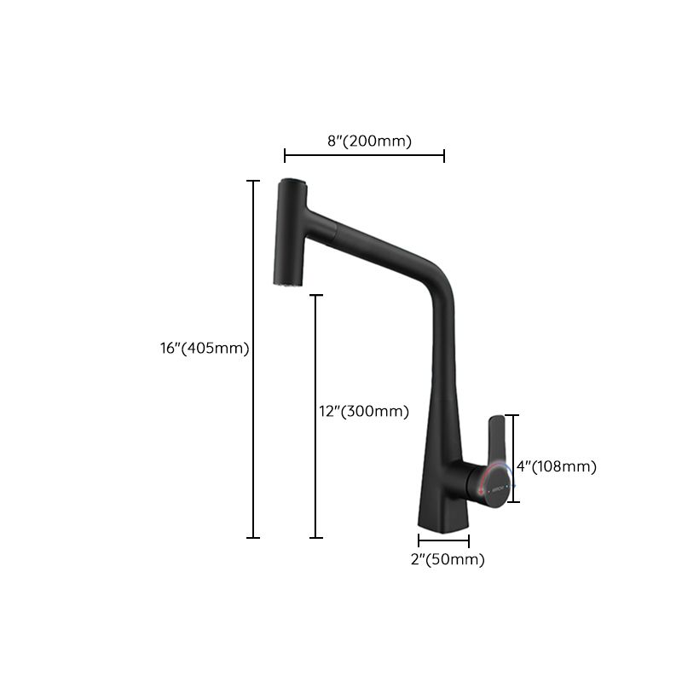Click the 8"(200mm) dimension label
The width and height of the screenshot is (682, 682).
[x=369, y=142]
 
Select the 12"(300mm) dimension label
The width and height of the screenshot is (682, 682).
[x=363, y=411]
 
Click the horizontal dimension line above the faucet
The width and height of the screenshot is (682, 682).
[x=364, y=155]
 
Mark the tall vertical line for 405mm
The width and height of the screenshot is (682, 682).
[x=253, y=358]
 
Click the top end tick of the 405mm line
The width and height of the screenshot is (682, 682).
[x=253, y=181]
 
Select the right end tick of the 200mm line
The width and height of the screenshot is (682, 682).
[x=444, y=155]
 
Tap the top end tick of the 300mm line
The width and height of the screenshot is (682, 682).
[x=317, y=295]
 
